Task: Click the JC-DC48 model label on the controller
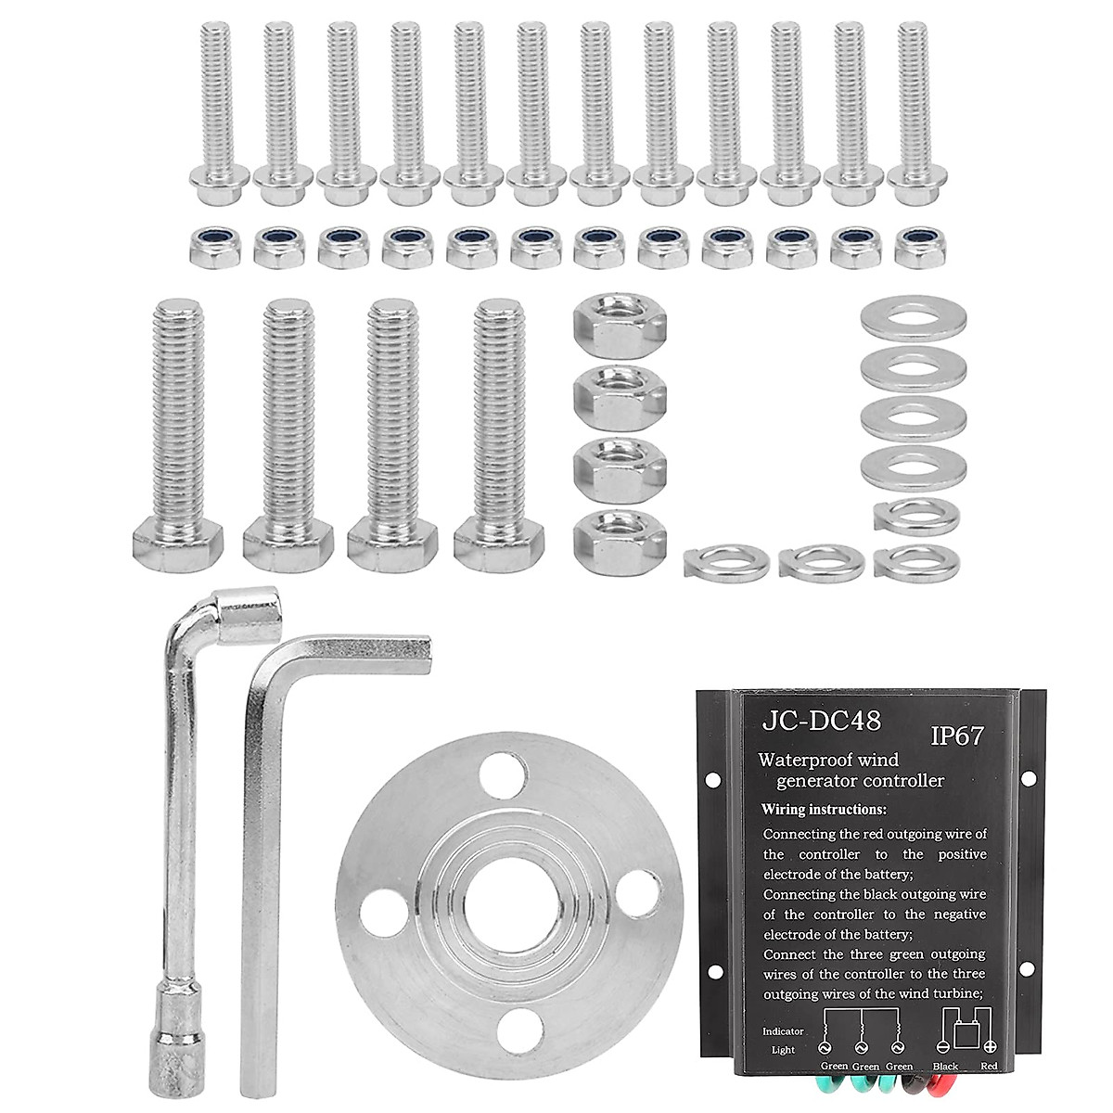tap(822, 721)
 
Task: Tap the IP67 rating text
tap(956, 736)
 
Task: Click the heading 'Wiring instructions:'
tap(824, 809)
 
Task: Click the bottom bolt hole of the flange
tap(519, 1030)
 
